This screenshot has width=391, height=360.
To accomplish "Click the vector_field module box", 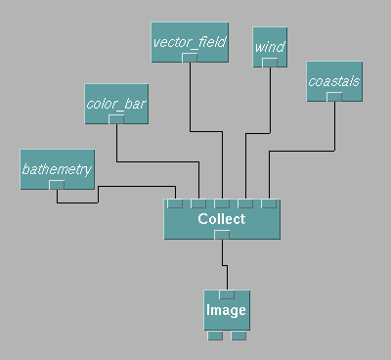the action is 190,42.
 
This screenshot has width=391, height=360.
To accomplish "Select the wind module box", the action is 270,47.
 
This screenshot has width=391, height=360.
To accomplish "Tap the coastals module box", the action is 334,81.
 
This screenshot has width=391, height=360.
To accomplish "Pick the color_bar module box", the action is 116,104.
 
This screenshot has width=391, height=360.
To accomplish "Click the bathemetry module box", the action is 58,169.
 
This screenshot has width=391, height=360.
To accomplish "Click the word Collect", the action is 222,219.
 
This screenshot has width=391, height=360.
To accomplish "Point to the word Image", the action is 226,310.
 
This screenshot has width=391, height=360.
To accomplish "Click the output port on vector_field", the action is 190,58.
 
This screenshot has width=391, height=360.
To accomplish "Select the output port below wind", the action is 270,63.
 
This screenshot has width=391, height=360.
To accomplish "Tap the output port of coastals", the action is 334,97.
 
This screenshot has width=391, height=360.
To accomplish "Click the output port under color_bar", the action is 116,119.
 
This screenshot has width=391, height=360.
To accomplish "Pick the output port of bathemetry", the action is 57,185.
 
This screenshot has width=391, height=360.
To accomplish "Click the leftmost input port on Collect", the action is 175,203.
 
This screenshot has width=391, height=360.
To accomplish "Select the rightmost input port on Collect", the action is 269,203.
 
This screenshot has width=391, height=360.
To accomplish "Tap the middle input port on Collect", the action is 222,203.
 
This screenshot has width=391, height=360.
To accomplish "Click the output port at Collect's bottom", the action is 222,235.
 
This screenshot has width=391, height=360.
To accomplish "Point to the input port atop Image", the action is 227,294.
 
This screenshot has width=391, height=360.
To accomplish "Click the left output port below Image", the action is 215,336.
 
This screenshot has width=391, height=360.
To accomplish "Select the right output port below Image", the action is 239,336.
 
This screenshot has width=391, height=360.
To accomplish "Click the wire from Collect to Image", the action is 225,265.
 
